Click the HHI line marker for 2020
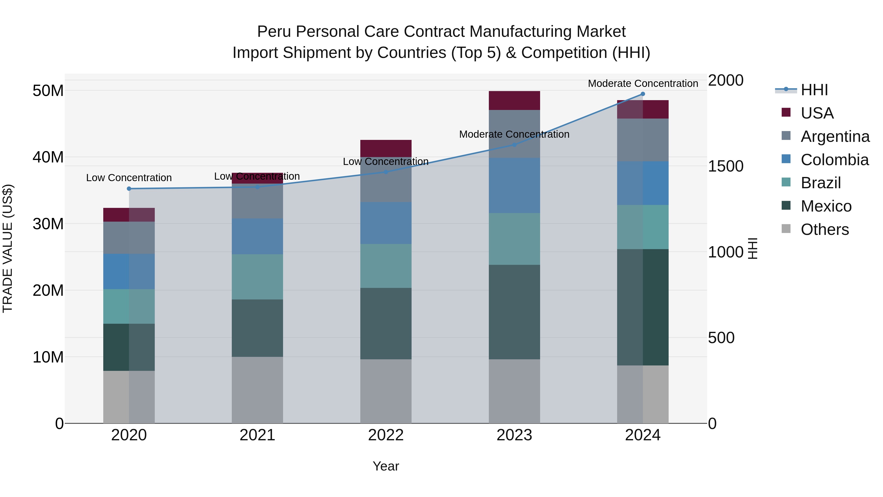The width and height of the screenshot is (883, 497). coord(129,189)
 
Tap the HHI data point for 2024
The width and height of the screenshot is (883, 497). coord(643,94)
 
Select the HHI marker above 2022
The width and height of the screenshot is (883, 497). coord(386,172)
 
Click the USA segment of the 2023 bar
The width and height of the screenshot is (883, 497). coord(514,100)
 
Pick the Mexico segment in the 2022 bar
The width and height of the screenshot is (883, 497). coord(386,323)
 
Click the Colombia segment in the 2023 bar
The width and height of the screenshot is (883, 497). coord(514,186)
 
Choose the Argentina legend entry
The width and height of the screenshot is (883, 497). coord(835,136)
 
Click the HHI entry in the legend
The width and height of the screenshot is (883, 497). coord(814,90)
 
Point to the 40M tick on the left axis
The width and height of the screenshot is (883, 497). coord(48,157)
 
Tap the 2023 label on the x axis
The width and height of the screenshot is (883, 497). coord(514,435)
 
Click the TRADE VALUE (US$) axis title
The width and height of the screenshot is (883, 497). coord(8,248)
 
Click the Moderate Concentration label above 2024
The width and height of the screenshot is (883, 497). coord(643,83)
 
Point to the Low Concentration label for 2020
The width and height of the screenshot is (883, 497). coord(129,178)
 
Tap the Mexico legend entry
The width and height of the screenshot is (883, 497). coord(826,206)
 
